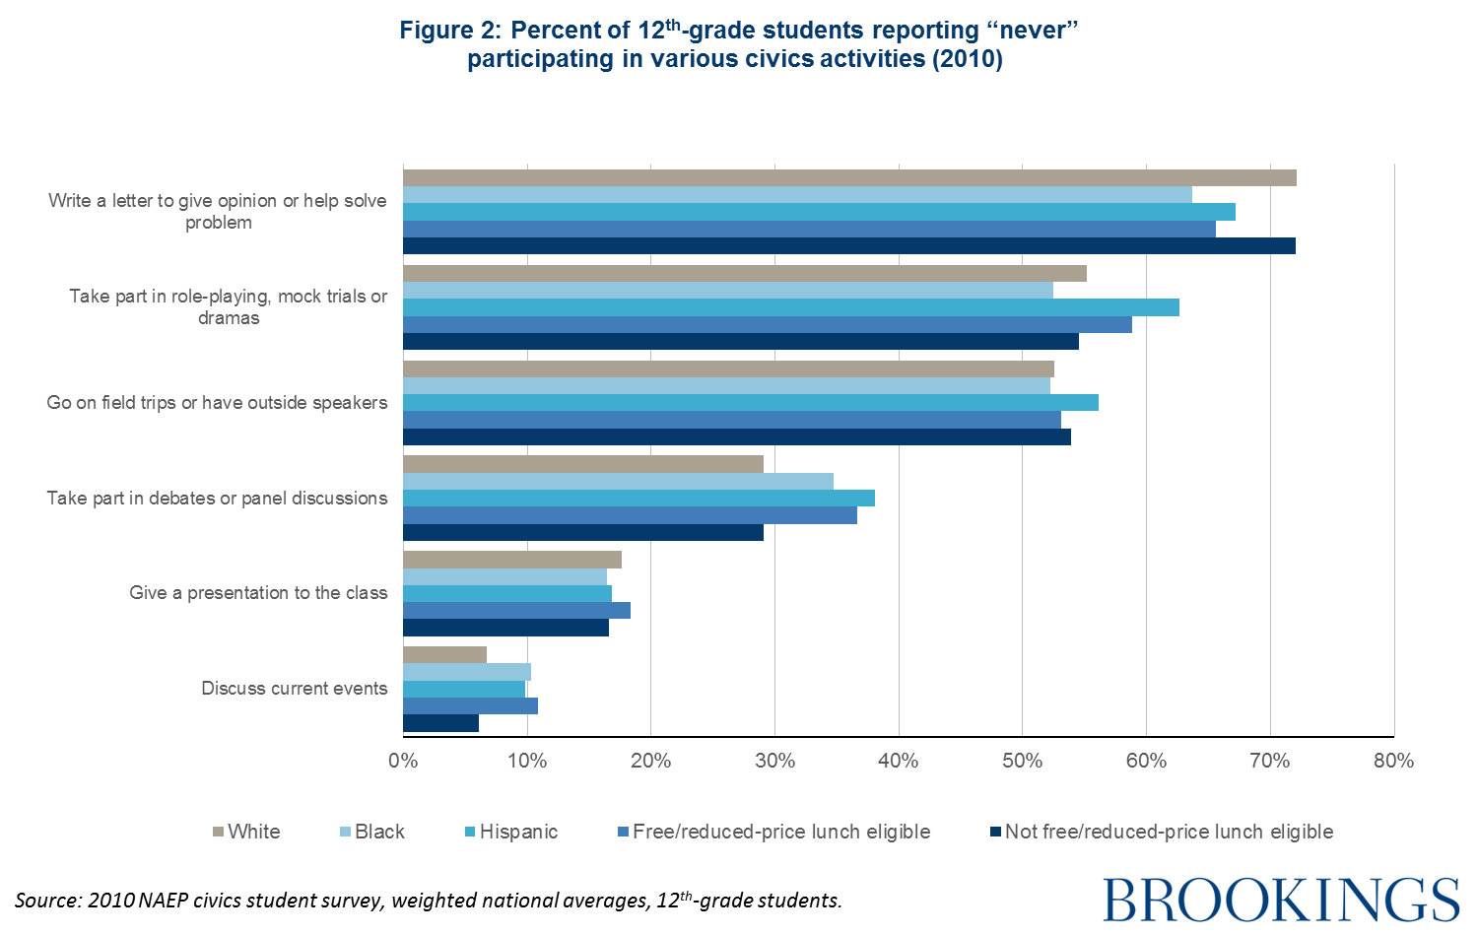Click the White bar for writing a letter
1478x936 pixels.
coord(849,178)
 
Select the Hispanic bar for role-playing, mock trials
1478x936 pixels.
coord(790,307)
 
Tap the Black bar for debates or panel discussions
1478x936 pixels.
coord(618,481)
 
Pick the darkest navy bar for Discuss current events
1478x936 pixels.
coord(440,723)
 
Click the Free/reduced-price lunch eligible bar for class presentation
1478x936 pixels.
coord(516,610)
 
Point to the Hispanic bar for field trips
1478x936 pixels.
coord(750,402)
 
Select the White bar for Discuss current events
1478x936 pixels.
coord(444,655)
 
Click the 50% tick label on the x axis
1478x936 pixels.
coord(1022,761)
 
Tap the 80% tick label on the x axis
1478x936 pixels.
coord(1393,761)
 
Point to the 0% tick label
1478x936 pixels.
coord(403,761)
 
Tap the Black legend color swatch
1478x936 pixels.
coord(346,833)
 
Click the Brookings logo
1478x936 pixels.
coord(1281,900)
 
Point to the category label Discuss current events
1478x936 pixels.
coord(294,688)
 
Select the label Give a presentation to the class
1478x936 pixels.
coord(258,592)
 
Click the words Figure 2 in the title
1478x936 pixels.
coord(450,31)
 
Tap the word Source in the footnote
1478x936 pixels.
coord(46,900)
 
